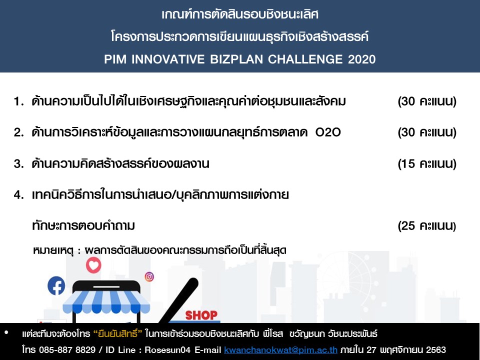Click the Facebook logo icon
[x=56, y=285]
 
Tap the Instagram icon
[x=149, y=276]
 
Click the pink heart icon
[x=93, y=265]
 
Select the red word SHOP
[x=201, y=315]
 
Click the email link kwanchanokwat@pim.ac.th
[x=280, y=349]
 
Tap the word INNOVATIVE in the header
[x=168, y=59]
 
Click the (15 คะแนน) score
[x=427, y=164]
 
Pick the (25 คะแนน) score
[x=427, y=226]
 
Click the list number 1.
[x=18, y=101]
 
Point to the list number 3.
[x=18, y=164]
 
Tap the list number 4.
[x=18, y=195]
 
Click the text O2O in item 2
[x=328, y=132]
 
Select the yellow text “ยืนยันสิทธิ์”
[x=118, y=333]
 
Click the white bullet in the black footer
[x=6, y=332]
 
